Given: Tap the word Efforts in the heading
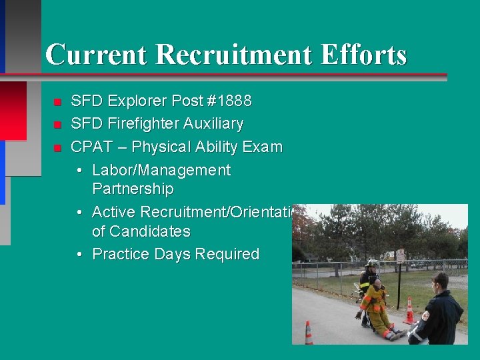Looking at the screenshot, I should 363,55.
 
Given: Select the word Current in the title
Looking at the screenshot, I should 95,55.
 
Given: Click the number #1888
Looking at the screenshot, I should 229,101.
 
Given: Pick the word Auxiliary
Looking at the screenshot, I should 215,124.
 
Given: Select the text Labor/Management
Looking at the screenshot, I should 161,170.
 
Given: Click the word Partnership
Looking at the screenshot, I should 133,189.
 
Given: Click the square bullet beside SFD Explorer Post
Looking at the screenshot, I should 58,102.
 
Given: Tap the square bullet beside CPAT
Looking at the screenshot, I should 58,147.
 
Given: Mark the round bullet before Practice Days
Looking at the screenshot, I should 79,255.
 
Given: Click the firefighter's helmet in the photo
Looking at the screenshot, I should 371,264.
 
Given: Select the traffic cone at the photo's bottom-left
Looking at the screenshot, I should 309,333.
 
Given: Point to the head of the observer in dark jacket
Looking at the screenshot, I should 439,281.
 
